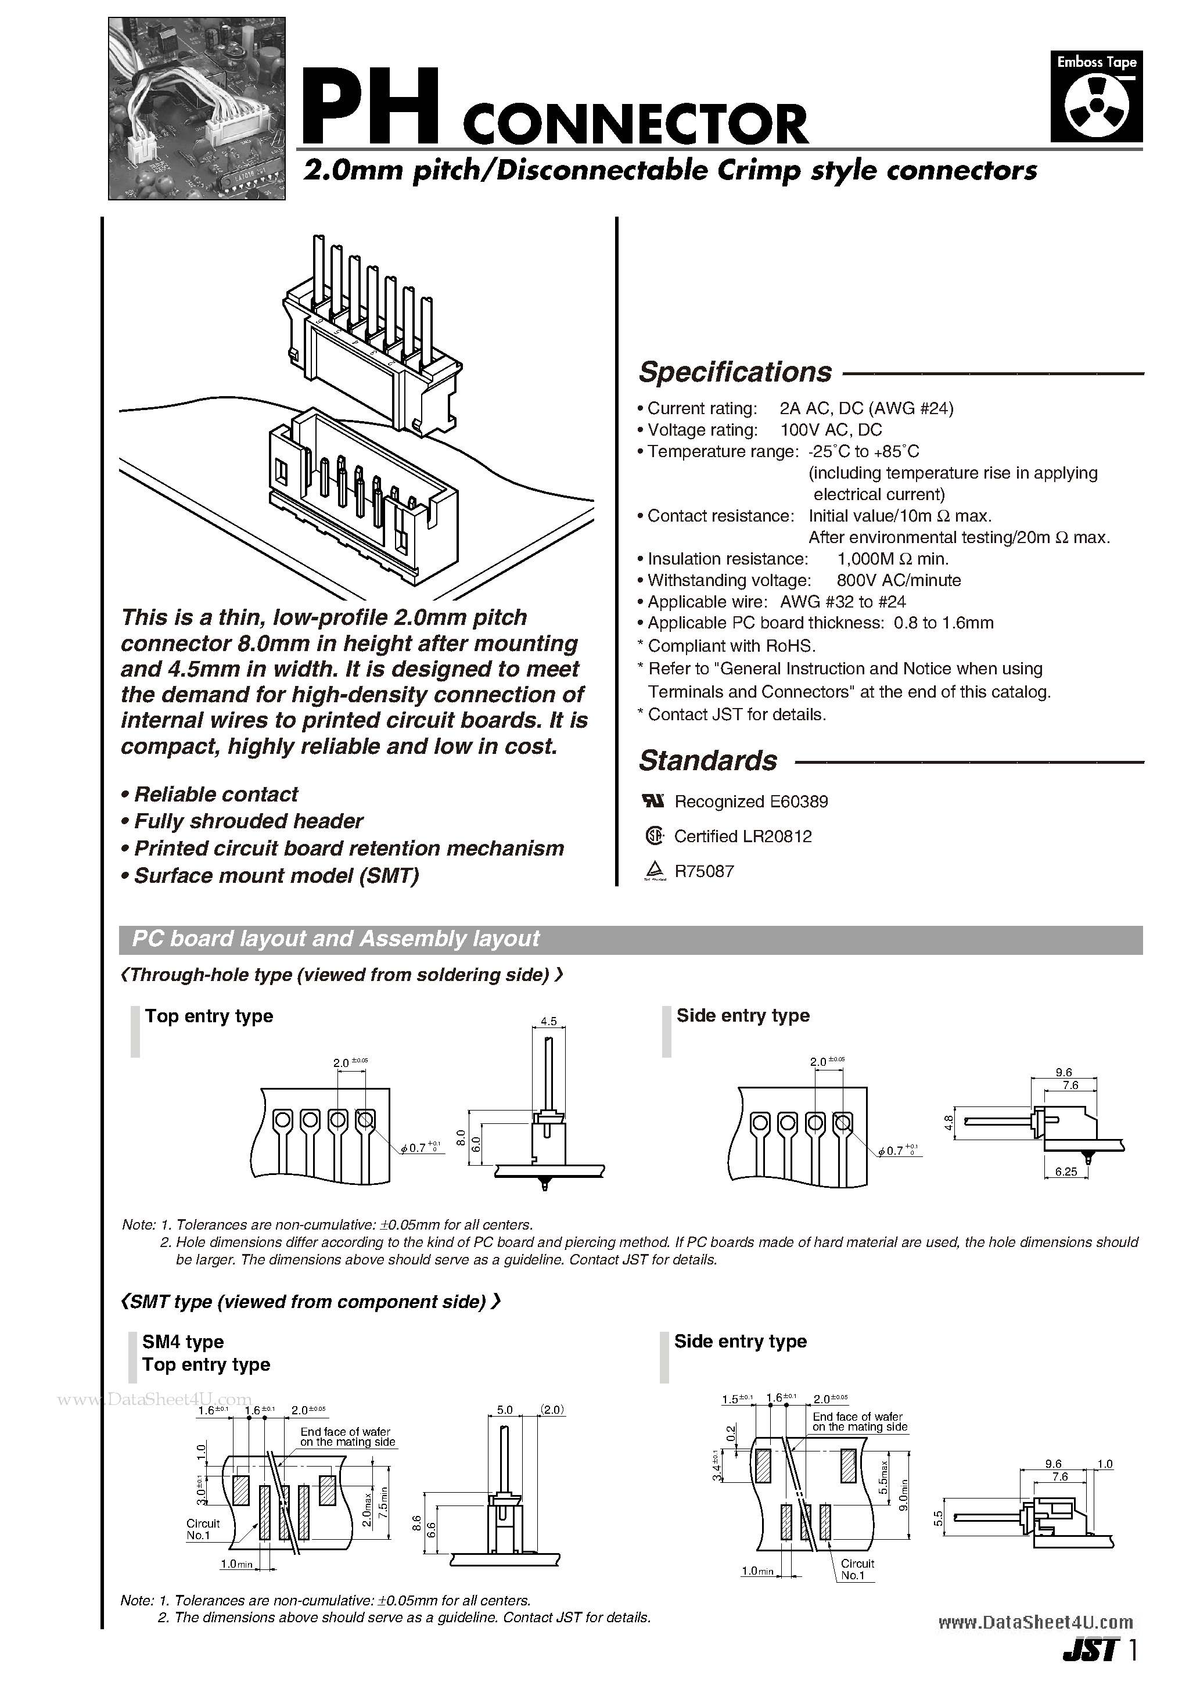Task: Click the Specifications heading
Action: pyautogui.click(x=735, y=372)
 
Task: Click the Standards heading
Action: pyautogui.click(x=708, y=761)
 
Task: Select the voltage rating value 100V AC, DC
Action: pyautogui.click(x=831, y=430)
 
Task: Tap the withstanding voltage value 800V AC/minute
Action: pyautogui.click(x=899, y=581)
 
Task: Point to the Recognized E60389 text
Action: pyautogui.click(x=751, y=802)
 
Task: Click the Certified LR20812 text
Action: pyautogui.click(x=743, y=836)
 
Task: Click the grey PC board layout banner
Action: pyautogui.click(x=630, y=939)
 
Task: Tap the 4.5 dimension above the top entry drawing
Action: pyautogui.click(x=548, y=1022)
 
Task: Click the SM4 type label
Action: pyautogui.click(x=183, y=1342)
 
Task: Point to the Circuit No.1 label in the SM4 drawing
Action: pyautogui.click(x=203, y=1529)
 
